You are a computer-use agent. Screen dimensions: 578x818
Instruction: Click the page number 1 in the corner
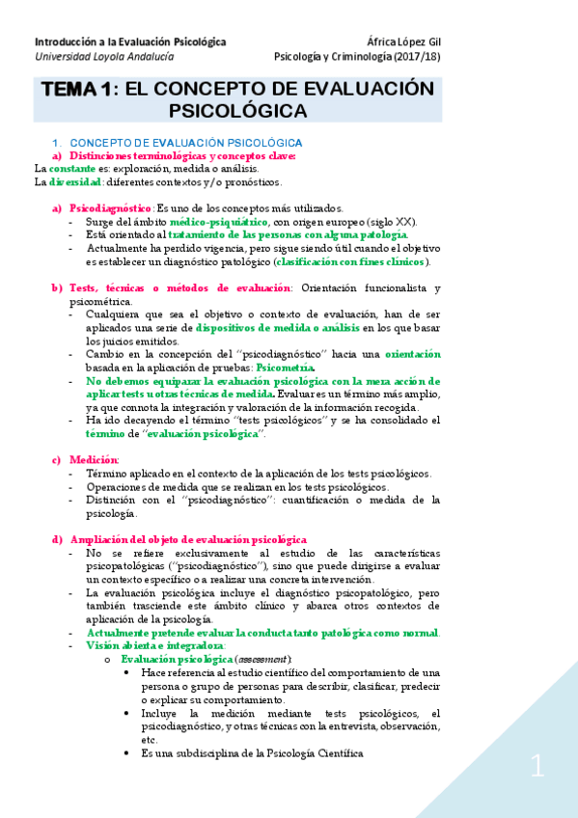(537, 767)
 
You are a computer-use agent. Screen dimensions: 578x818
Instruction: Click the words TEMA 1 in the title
(75, 90)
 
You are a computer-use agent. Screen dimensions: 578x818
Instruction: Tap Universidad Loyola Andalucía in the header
(95, 57)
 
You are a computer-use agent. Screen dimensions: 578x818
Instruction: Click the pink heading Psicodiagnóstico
(111, 207)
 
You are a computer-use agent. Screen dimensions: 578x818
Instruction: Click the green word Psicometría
(285, 368)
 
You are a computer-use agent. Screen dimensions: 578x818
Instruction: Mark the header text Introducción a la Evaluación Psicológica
(130, 41)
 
